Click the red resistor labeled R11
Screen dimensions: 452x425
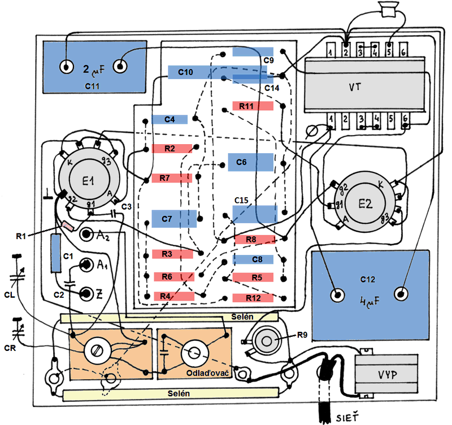pos(253,106)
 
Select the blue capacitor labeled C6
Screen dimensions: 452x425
pos(250,162)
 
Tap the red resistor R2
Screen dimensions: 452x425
pos(172,149)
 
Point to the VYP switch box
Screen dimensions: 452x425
pos(386,374)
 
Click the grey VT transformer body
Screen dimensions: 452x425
pos(364,85)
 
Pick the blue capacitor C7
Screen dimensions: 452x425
pos(174,219)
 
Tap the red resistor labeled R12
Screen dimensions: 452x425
pos(253,298)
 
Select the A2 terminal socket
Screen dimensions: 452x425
pos(86,235)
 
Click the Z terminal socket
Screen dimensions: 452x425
pos(86,293)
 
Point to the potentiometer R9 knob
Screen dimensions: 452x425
pos(266,341)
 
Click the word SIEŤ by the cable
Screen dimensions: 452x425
pos(347,417)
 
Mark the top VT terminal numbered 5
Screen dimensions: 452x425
pos(389,50)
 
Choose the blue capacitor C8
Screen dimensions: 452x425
pos(253,259)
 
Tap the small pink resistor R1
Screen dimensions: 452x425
pos(68,225)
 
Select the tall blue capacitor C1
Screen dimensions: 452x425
pos(56,253)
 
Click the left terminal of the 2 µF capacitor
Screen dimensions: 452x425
pos(66,67)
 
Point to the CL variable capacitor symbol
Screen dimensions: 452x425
pos(17,272)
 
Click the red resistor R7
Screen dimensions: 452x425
pos(172,178)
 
